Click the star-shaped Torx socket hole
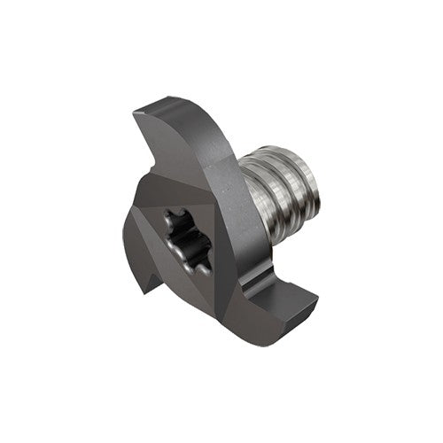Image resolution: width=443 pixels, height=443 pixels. pos(189,237)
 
